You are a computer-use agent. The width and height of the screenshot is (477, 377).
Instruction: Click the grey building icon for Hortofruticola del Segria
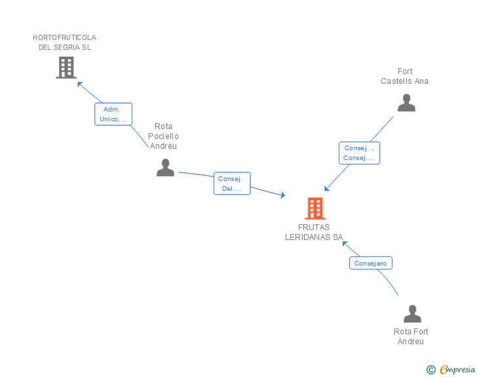click(66, 67)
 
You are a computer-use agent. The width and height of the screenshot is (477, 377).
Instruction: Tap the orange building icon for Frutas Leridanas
click(315, 208)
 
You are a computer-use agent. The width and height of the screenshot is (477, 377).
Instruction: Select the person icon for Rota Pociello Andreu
click(165, 168)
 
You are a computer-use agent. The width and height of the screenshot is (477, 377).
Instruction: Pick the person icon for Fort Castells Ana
click(406, 103)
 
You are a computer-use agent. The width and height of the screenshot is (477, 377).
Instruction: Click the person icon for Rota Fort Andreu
click(412, 314)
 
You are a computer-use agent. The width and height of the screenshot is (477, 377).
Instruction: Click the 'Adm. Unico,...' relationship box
click(113, 114)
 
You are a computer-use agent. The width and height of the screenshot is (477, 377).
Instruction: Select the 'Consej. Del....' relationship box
click(232, 184)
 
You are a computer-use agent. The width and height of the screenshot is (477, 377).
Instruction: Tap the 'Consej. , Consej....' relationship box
click(359, 153)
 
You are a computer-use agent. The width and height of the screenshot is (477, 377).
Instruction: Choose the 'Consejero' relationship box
click(371, 263)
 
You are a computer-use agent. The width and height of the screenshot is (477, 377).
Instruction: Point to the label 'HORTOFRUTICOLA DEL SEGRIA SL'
click(64, 43)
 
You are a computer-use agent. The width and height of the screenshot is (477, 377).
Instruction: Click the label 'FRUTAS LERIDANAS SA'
click(314, 232)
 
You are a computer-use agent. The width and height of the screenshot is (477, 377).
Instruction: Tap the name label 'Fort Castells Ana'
click(405, 76)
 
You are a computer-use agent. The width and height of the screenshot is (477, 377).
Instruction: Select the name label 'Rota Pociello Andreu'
click(163, 136)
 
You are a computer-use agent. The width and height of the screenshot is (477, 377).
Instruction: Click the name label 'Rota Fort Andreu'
click(411, 336)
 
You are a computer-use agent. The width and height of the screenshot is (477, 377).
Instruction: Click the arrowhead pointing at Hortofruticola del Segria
click(79, 83)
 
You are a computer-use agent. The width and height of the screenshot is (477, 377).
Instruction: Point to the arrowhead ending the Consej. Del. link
click(282, 195)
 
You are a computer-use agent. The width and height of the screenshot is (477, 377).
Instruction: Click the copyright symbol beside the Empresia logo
click(430, 370)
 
